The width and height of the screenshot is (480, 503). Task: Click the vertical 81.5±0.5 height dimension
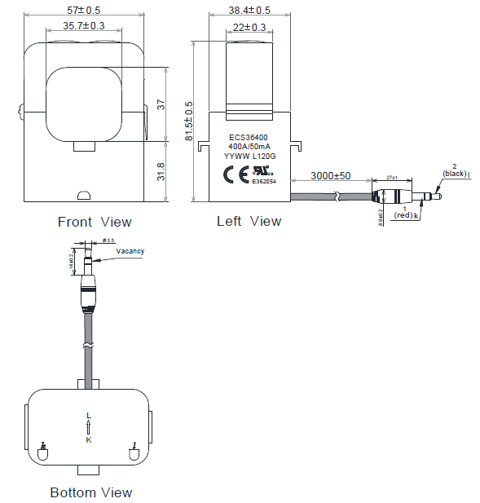coord(190,121)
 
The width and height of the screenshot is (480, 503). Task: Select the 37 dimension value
coord(161,104)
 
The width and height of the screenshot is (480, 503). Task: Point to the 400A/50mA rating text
coord(250,148)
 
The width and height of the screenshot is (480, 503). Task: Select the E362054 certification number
coord(264,183)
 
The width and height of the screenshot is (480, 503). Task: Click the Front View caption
coord(95,222)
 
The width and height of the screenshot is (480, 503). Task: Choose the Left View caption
coord(249,221)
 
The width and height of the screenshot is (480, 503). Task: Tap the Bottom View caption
coord(90,492)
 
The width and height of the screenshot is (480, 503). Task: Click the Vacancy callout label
coord(130,251)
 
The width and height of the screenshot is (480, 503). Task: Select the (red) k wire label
coord(405,216)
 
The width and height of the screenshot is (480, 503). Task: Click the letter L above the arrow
coord(88,416)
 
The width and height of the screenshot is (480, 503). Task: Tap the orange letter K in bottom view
coord(88,440)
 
